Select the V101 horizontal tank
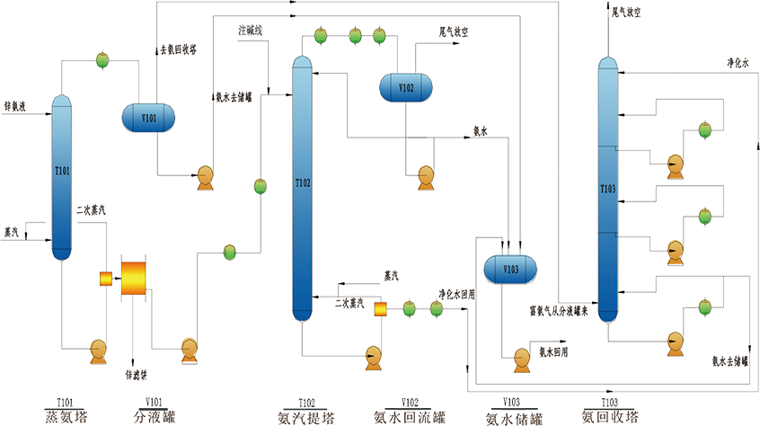click(x=148, y=117)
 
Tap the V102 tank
click(x=405, y=87)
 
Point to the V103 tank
click(x=510, y=268)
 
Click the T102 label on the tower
click(x=303, y=183)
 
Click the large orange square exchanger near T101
click(x=134, y=279)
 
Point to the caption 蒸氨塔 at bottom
click(x=63, y=416)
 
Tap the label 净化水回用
click(x=455, y=293)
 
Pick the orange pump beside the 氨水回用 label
click(x=520, y=359)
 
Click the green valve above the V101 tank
click(x=103, y=60)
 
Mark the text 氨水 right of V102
click(x=479, y=130)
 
